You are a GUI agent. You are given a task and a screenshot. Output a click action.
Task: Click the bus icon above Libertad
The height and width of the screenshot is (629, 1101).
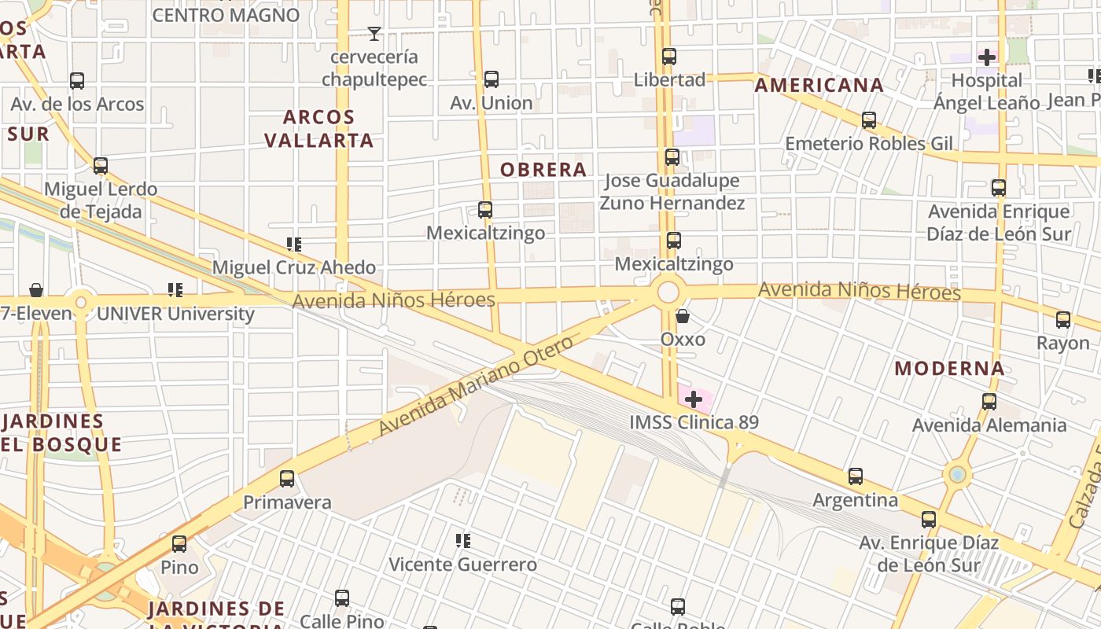click(x=669, y=57)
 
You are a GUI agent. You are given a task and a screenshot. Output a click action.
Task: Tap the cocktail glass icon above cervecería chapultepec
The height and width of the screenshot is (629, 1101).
click(x=374, y=33)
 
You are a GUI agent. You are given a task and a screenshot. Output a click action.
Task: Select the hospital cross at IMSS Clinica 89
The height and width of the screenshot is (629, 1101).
click(x=693, y=399)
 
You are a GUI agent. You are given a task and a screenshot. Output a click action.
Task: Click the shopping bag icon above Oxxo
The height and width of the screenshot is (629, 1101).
click(x=683, y=316)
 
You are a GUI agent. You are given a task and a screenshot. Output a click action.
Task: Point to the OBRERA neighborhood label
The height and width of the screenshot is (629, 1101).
click(x=543, y=170)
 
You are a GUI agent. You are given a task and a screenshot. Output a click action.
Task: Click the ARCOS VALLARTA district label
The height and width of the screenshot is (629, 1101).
click(x=319, y=129)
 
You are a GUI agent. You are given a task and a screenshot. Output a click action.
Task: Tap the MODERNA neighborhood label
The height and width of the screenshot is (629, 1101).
click(x=949, y=368)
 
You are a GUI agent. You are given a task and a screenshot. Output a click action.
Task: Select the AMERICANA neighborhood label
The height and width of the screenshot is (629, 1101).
click(x=819, y=86)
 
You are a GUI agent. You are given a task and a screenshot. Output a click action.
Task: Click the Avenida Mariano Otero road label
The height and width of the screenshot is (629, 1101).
click(x=477, y=385)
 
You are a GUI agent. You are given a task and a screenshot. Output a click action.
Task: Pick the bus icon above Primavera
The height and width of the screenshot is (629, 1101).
click(x=287, y=478)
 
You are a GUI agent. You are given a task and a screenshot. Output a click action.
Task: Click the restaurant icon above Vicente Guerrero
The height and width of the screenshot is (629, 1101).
click(x=463, y=540)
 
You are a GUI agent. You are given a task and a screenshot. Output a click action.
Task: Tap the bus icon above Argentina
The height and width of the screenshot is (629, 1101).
click(x=856, y=476)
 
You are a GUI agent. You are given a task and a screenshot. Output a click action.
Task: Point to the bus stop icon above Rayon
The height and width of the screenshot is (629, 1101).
click(x=1063, y=319)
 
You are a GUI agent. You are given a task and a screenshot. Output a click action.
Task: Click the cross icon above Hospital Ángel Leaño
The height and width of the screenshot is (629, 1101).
click(x=987, y=57)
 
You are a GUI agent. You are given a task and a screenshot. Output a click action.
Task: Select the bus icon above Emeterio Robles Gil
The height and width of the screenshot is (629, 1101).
click(x=869, y=120)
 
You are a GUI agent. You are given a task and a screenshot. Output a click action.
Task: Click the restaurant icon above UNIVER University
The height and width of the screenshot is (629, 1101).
click(x=175, y=290)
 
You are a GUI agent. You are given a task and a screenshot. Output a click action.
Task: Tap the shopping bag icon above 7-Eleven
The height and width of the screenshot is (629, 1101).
click(x=36, y=290)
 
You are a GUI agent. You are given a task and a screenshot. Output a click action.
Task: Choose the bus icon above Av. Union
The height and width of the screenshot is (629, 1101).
click(x=492, y=79)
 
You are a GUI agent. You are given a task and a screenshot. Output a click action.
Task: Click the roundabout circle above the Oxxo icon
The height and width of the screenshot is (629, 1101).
click(x=668, y=292)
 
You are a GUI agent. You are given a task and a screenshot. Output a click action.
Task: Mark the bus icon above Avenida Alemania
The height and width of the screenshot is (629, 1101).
click(x=989, y=402)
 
